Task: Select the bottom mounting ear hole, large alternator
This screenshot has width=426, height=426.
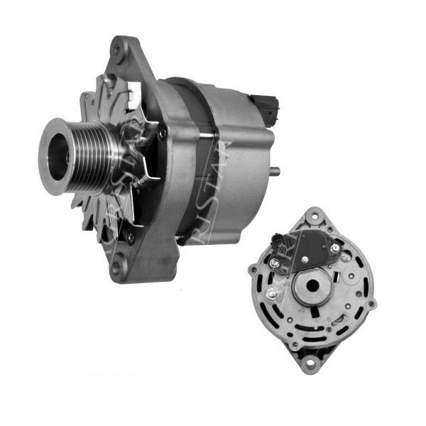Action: coord(118,268)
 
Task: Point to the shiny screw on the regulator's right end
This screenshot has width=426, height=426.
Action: coord(335,248)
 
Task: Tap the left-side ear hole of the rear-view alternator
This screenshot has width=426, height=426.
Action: coord(251,268)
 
